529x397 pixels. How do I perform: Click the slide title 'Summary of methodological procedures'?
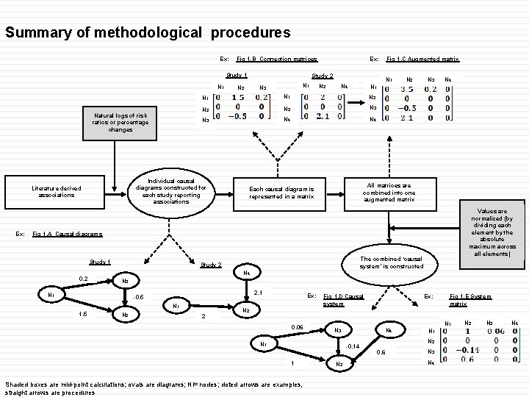coord(148,33)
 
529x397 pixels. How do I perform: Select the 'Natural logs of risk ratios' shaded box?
coord(120,122)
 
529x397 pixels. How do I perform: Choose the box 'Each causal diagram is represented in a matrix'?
coord(281,193)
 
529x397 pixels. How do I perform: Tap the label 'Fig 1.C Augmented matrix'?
coord(423,58)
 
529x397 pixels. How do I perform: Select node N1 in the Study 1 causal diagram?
coord(51,294)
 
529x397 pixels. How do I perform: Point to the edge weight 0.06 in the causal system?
coord(297,326)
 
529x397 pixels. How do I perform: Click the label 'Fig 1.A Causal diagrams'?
coord(68,234)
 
